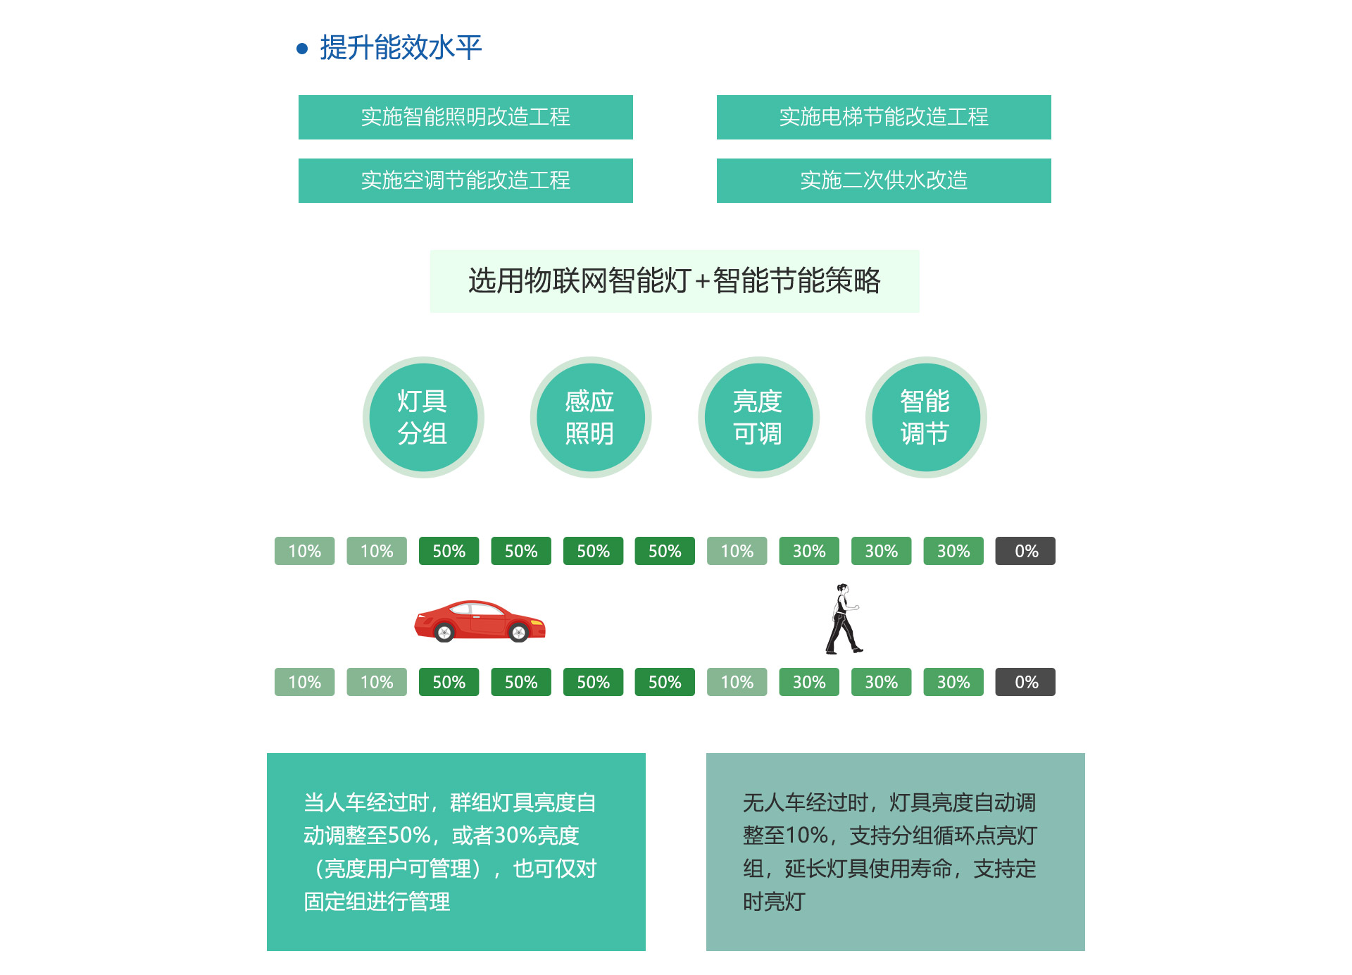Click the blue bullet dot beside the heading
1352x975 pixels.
pyautogui.click(x=302, y=49)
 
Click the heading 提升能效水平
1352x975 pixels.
pyautogui.click(x=401, y=47)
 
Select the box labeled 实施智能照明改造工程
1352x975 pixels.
pyautogui.click(x=465, y=117)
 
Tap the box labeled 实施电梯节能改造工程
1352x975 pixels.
pyautogui.click(x=884, y=117)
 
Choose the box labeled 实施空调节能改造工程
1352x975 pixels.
pyautogui.click(x=465, y=180)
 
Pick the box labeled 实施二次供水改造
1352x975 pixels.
pyautogui.click(x=884, y=180)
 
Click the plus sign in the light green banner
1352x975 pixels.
pyautogui.click(x=702, y=282)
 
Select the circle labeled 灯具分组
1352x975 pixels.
pyautogui.click(x=423, y=417)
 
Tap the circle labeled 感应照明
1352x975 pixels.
pyautogui.click(x=591, y=417)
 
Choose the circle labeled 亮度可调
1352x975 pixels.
pyautogui.click(x=758, y=417)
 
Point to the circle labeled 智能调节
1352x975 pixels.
pyautogui.click(x=926, y=417)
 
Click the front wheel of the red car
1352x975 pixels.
pyautogui.click(x=519, y=633)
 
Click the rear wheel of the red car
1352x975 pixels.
pyautogui.click(x=444, y=633)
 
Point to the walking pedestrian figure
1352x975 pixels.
pyautogui.click(x=843, y=619)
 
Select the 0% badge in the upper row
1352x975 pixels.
pyautogui.click(x=1025, y=551)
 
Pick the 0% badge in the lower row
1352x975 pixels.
pyautogui.click(x=1025, y=682)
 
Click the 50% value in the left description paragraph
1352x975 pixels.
pyautogui.click(x=409, y=836)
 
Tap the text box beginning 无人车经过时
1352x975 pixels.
pyautogui.click(x=896, y=852)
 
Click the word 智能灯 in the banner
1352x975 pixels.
pyautogui.click(x=650, y=280)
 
